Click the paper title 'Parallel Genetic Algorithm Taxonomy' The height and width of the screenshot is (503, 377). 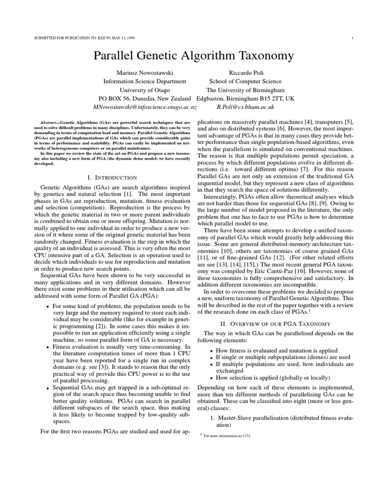tap(193, 56)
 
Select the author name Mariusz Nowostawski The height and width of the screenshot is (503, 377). tap(145, 73)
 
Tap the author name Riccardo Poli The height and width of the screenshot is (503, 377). tap(245, 73)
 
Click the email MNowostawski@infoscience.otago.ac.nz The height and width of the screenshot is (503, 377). tap(145, 107)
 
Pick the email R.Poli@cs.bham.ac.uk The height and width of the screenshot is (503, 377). tap(245, 107)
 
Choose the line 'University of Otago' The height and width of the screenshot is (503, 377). tap(145, 90)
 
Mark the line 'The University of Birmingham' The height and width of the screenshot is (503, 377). tap(245, 90)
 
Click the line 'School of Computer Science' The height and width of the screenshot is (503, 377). tap(245, 82)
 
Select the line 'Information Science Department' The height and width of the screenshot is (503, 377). tap(145, 82)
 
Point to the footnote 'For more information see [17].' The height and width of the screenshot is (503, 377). tap(226, 436)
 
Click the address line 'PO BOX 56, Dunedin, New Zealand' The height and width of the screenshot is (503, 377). tap(145, 98)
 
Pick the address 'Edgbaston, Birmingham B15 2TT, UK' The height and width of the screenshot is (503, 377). tap(245, 98)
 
